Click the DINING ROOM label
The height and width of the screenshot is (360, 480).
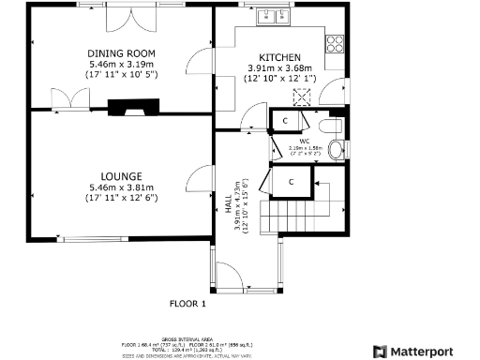pyautogui.click(x=121, y=52)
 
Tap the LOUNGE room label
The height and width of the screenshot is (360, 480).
pyautogui.click(x=122, y=175)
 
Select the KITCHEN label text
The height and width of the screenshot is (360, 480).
pyautogui.click(x=279, y=56)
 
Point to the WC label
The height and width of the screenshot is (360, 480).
pyautogui.click(x=305, y=142)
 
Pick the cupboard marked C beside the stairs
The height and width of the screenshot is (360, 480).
pyautogui.click(x=292, y=180)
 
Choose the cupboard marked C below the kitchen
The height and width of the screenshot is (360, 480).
pyautogui.click(x=285, y=121)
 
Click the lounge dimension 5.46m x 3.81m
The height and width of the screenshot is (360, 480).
pyautogui.click(x=122, y=187)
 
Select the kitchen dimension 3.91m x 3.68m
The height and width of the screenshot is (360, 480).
pyautogui.click(x=279, y=68)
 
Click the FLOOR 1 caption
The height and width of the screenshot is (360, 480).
pyautogui.click(x=187, y=303)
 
